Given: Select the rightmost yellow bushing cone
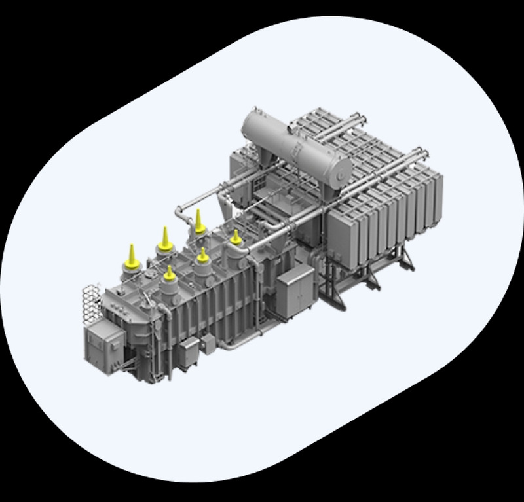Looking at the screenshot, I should click(236, 237).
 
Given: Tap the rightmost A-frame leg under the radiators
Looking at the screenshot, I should click(406, 258).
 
